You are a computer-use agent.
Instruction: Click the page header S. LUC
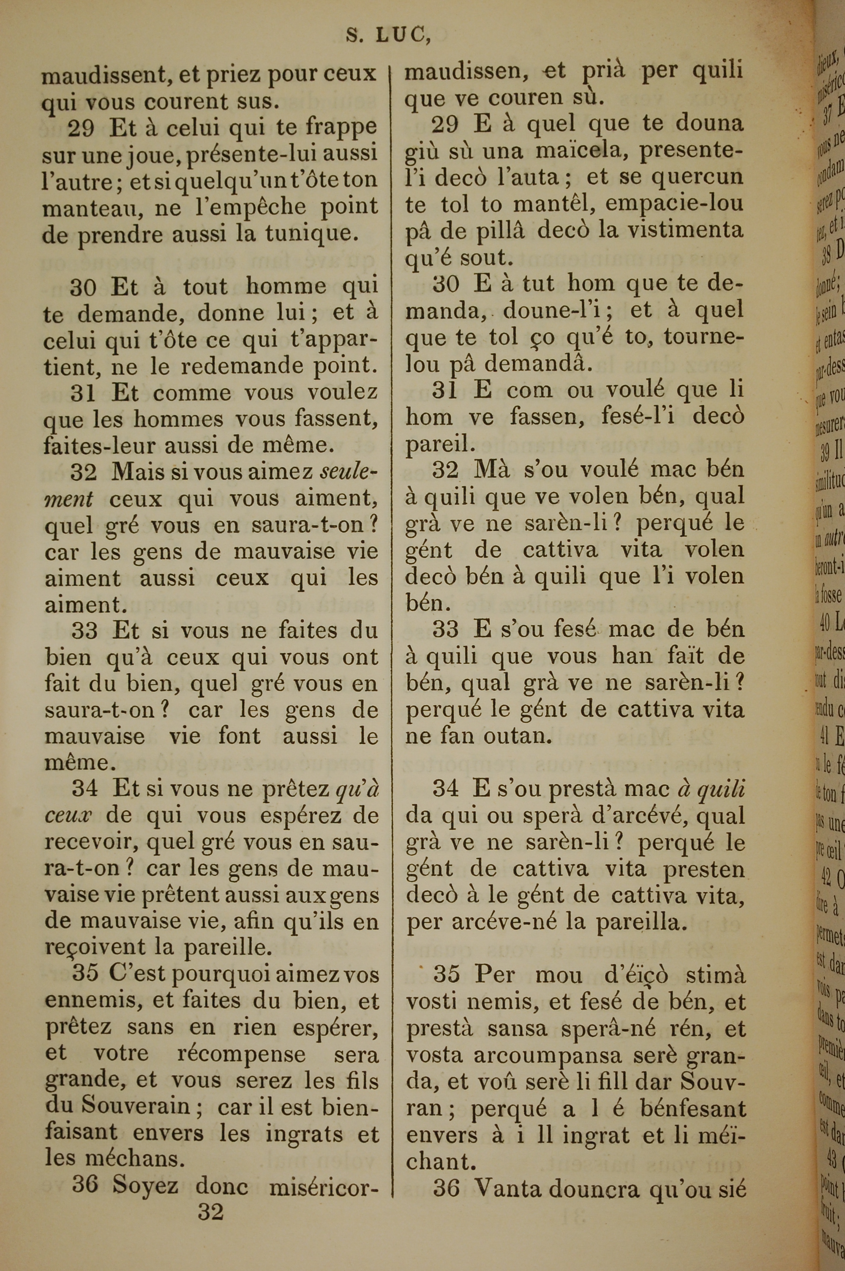coord(388,35)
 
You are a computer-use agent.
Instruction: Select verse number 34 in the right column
coord(446,789)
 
